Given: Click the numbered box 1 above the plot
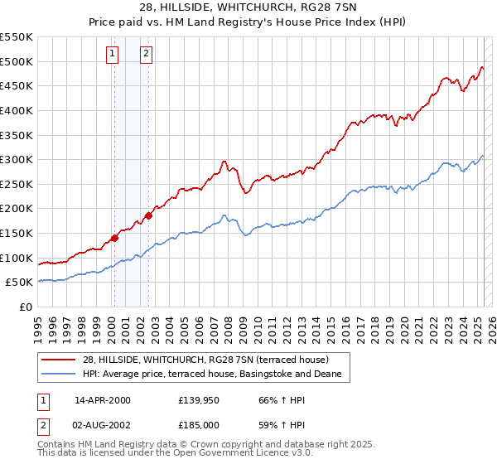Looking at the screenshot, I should pyautogui.click(x=112, y=55).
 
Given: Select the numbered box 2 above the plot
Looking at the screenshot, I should pyautogui.click(x=146, y=55).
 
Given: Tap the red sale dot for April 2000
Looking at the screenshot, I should pyautogui.click(x=114, y=239).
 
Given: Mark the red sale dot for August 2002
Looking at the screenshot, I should pyautogui.click(x=148, y=216).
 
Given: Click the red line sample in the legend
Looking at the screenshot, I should pyautogui.click(x=59, y=360).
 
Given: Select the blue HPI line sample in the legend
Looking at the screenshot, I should pyautogui.click(x=59, y=374).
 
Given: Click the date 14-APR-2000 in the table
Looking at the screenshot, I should pyautogui.click(x=102, y=400).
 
